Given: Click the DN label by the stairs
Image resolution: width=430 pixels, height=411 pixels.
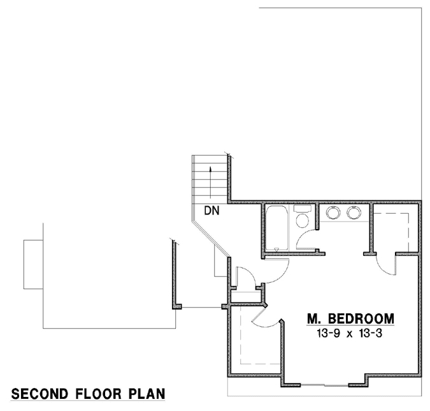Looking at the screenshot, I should [x=212, y=211].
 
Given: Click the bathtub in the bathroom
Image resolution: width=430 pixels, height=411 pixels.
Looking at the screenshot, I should [x=276, y=228].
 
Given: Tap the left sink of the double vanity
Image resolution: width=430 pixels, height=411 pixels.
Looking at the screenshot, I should [x=332, y=213].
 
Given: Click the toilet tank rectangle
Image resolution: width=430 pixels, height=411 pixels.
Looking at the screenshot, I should [x=303, y=210].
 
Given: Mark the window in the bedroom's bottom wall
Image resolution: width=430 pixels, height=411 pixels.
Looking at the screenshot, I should [x=324, y=384].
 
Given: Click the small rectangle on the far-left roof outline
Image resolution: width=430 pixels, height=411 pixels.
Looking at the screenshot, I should [x=33, y=264].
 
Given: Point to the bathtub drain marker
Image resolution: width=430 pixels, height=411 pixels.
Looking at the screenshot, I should [x=276, y=248].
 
